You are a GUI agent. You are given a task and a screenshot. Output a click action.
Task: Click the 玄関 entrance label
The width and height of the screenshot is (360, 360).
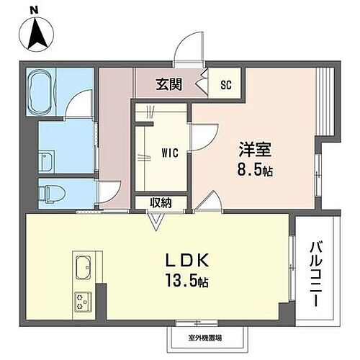click(x=169, y=85)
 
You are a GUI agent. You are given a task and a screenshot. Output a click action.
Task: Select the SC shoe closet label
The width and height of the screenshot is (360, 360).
click(x=225, y=85)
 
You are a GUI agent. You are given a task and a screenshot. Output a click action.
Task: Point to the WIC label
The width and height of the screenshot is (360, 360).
click(x=170, y=153)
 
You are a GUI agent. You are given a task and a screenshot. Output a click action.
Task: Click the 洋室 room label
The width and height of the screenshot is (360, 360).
click(x=256, y=152)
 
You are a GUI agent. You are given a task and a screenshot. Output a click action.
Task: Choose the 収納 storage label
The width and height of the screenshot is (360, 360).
click(x=161, y=203)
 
